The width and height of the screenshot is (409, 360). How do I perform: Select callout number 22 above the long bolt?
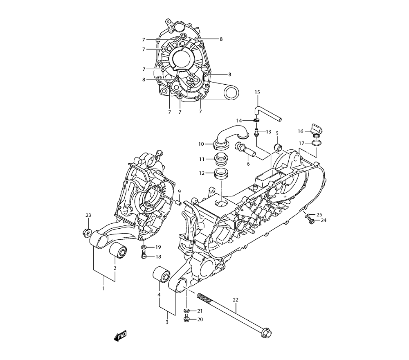(236, 300)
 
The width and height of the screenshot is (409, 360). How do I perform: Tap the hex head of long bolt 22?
(267, 333)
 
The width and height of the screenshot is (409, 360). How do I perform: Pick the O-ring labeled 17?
(316, 143)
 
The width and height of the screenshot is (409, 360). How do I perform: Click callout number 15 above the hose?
(257, 92)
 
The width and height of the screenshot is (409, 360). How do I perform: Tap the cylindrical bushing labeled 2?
(118, 250)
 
